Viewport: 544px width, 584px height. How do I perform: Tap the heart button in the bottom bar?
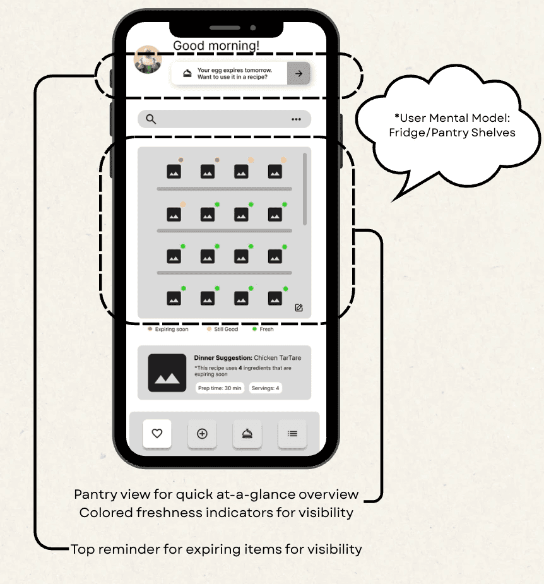pyautogui.click(x=157, y=434)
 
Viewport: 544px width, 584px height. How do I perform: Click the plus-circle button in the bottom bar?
pyautogui.click(x=202, y=434)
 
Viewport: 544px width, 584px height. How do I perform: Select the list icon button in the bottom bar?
pyautogui.click(x=292, y=434)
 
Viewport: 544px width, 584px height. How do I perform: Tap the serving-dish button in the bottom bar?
pyautogui.click(x=247, y=434)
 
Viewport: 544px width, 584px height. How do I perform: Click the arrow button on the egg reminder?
pyautogui.click(x=299, y=73)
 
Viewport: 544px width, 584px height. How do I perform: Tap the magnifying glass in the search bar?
pyautogui.click(x=151, y=119)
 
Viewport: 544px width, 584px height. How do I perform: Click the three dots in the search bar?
pyautogui.click(x=296, y=119)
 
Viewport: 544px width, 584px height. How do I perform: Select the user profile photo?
pyautogui.click(x=148, y=59)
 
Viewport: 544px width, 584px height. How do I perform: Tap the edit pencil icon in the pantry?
pyautogui.click(x=299, y=307)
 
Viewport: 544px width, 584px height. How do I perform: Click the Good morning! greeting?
pyautogui.click(x=216, y=45)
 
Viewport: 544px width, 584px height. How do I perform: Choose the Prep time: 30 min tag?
pyautogui.click(x=220, y=388)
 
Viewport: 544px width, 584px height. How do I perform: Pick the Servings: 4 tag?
pyautogui.click(x=265, y=388)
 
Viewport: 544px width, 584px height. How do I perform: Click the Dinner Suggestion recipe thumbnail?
pyautogui.click(x=167, y=373)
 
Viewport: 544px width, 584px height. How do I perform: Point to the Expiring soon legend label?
pyautogui.click(x=172, y=329)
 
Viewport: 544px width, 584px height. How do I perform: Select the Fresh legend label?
pyautogui.click(x=266, y=329)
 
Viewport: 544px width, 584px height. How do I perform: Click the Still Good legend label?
pyautogui.click(x=226, y=329)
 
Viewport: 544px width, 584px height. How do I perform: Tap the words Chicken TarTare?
pyautogui.click(x=278, y=358)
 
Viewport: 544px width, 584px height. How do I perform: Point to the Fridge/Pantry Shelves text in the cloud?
pyautogui.click(x=452, y=133)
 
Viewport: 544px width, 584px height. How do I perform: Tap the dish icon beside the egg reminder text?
pyautogui.click(x=187, y=73)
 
